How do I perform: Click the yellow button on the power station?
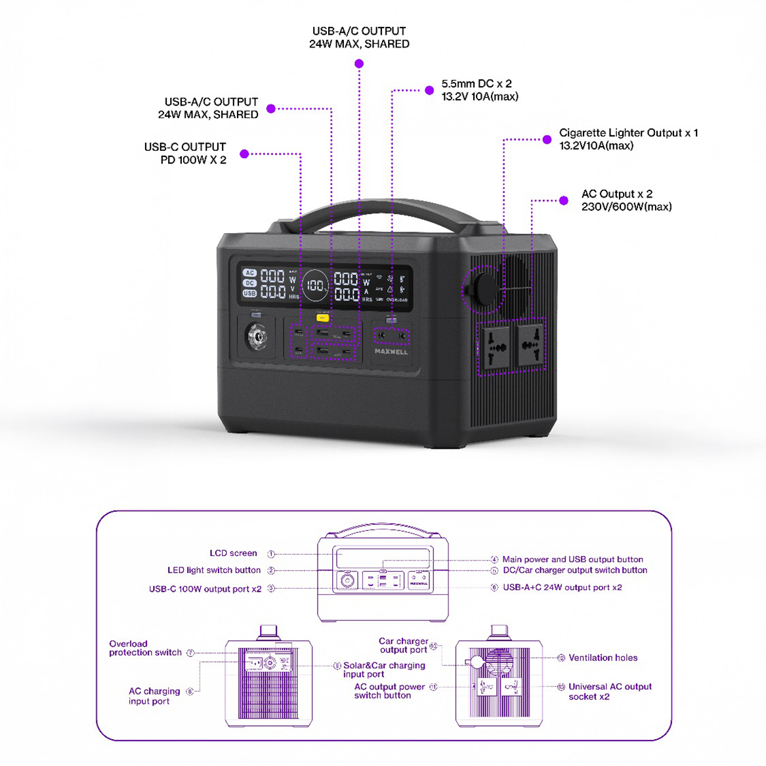coord(322,318)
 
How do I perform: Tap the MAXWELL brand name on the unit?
coord(391,352)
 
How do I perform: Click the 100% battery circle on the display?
coord(316,286)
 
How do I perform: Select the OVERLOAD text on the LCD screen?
coord(396,300)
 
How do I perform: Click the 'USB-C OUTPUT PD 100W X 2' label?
coord(185,154)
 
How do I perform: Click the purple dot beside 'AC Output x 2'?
coord(564,200)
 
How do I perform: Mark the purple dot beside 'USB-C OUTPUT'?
coord(244,154)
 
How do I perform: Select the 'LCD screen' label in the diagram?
coord(233,553)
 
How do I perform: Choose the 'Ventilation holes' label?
coord(603,658)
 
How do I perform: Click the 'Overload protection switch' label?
coord(145,649)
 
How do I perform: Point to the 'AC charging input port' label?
coord(154,696)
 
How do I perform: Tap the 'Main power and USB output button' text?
coord(572,560)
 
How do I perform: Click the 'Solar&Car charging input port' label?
coord(384,670)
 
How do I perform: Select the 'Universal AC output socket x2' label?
coord(609,692)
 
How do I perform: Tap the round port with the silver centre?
coord(256,337)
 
